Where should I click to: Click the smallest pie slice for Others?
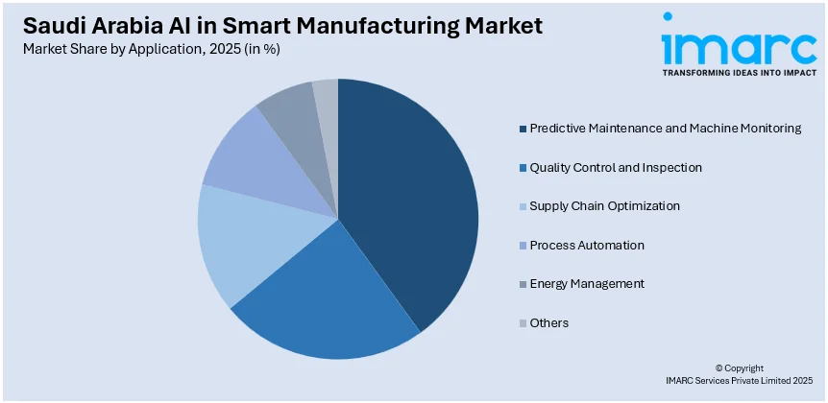[327, 96]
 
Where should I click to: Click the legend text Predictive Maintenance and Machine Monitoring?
[665, 128]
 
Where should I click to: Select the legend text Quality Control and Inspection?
[615, 167]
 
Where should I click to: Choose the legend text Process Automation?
[586, 245]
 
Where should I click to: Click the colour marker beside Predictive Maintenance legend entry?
[523, 129]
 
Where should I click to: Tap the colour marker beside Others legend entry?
[523, 323]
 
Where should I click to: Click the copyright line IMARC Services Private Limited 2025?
[740, 382]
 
